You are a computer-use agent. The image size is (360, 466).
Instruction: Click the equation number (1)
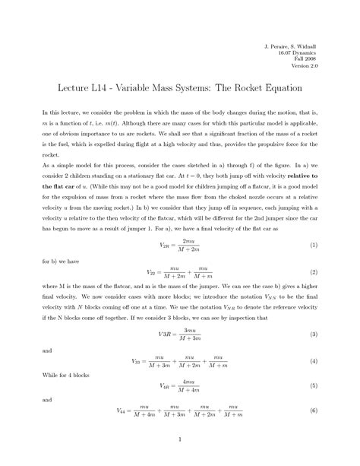[x=313, y=246]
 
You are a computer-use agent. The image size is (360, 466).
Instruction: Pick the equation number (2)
[x=313, y=271]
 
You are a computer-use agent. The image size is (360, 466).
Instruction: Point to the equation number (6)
[x=313, y=411]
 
